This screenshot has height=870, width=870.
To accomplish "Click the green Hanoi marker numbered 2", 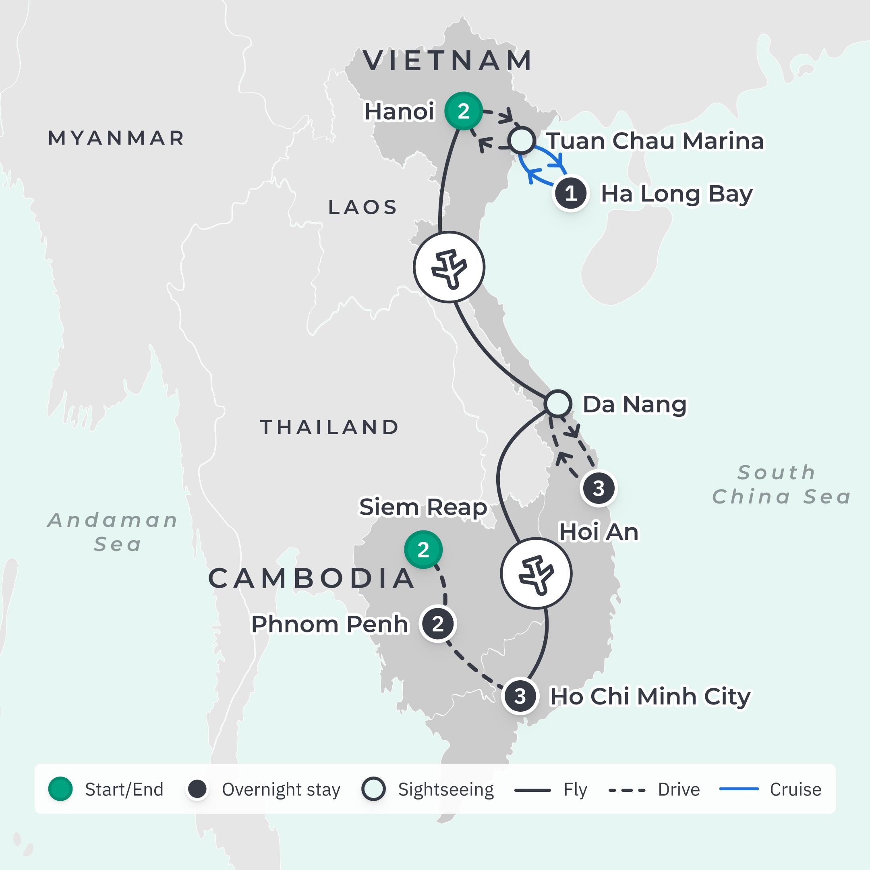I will pos(463,111).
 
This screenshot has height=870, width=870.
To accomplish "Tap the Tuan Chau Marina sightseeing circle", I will pos(522,141).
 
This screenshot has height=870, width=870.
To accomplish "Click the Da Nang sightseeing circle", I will pos(557,403).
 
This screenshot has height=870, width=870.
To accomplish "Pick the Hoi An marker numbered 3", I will pos(599,488).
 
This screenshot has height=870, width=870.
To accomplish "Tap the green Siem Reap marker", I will pos(423,549).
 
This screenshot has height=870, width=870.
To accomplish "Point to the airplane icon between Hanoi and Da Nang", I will pos(449,267).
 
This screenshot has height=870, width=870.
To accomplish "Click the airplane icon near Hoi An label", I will pos(536,574).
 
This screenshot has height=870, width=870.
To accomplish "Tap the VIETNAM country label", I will pos(448,61).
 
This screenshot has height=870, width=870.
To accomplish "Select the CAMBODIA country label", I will pos(312,578).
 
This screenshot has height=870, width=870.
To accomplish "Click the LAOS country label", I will pos(362,207).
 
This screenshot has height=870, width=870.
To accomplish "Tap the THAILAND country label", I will pos(329,427).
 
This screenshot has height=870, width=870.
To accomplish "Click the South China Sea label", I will pos(781,485).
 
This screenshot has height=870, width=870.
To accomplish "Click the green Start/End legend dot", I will pos(60,789).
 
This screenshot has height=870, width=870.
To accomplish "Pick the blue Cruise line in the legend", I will pos(739,789).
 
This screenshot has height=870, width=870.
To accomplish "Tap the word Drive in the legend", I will pos(679,789).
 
